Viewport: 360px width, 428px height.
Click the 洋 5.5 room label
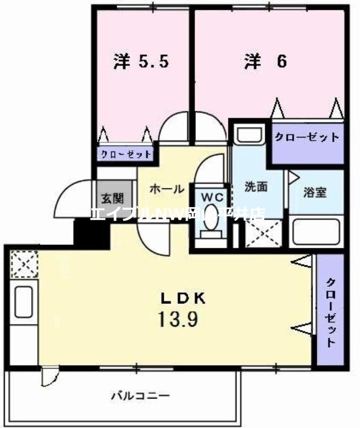[141, 62]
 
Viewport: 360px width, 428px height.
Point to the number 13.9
[178, 319]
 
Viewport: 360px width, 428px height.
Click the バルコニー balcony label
[141, 396]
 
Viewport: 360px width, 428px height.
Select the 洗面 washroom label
[256, 187]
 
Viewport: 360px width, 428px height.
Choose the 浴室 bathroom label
[315, 192]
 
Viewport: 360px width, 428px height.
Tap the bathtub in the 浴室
[318, 232]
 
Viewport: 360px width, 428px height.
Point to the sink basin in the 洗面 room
[249, 134]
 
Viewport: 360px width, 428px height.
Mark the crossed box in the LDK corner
[22, 264]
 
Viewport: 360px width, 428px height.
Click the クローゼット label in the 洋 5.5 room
[126, 154]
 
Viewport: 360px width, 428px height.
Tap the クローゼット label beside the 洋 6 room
[307, 137]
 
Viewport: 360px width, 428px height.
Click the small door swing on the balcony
[49, 375]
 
